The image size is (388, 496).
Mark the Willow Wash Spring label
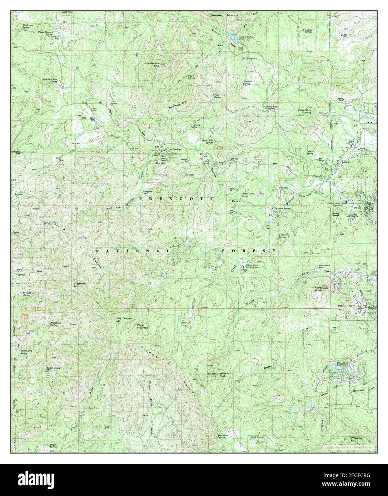pyautogui.click(x=304, y=111)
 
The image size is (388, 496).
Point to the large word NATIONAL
pyautogui.click(x=133, y=251)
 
